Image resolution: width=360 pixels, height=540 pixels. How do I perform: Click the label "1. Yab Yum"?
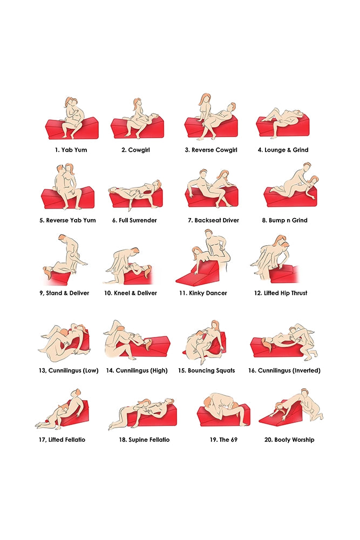pos(71,150)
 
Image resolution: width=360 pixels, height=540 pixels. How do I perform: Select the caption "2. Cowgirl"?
pos(135,150)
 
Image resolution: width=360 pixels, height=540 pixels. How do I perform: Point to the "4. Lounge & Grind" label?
pos(283,150)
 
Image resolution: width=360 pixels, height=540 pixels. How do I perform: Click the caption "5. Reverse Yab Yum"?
pos(68,220)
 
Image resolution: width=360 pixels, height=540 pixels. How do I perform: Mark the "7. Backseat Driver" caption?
pos(213,220)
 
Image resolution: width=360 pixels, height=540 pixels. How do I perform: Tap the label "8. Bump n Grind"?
pos(284,220)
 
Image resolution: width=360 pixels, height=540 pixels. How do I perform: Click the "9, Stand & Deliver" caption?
pos(64,293)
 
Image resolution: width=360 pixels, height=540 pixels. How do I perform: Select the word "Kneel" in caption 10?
pos(120,293)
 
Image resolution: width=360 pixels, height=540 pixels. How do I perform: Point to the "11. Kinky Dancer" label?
pos(203,293)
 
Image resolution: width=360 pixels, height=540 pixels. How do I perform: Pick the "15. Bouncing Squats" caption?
pos(207,370)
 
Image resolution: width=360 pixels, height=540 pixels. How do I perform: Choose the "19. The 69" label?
pos(223,440)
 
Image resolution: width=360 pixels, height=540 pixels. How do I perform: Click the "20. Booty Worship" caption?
pos(289,440)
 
